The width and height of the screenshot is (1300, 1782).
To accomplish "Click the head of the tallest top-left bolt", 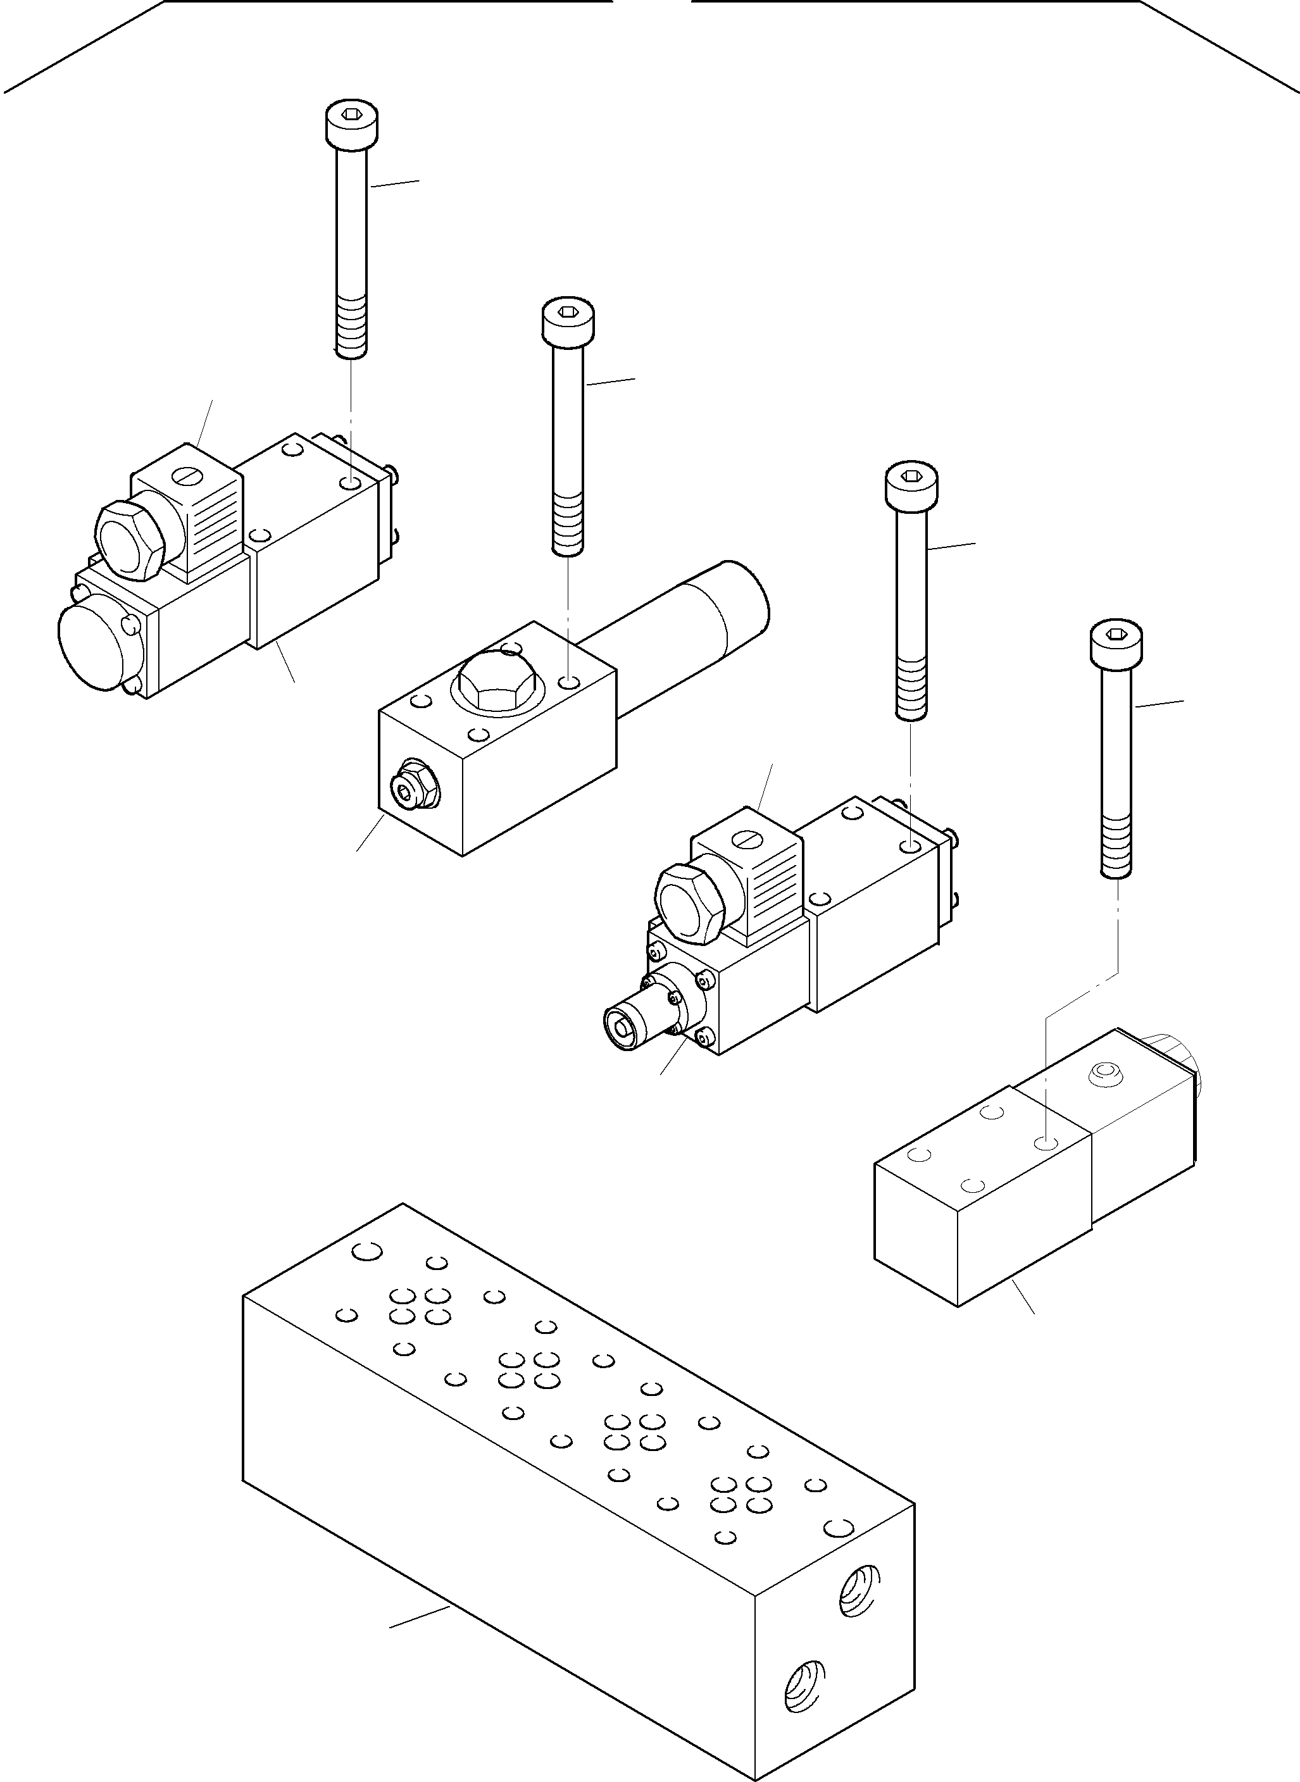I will (x=351, y=123).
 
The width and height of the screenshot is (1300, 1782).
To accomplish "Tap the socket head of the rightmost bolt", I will (x=1116, y=643).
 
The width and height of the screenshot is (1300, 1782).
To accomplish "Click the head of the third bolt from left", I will (x=911, y=485).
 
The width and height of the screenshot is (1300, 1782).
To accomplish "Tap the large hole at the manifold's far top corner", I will (x=366, y=1251).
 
